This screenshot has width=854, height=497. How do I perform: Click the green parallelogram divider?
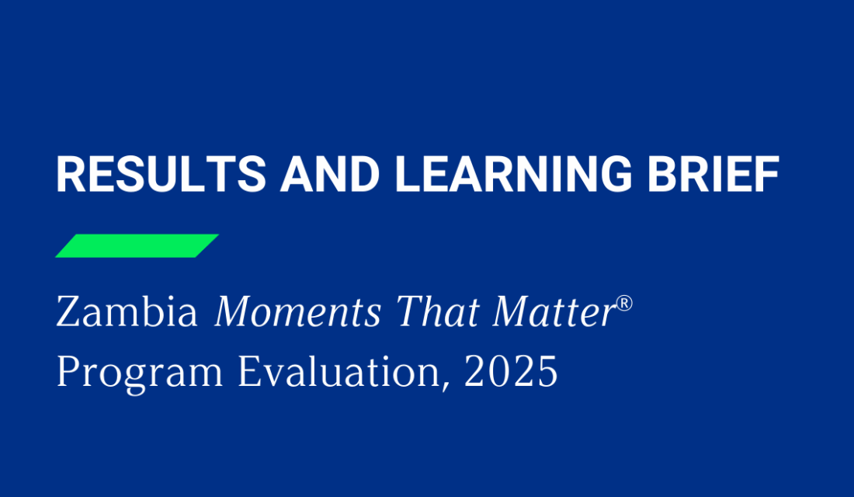pyautogui.click(x=137, y=245)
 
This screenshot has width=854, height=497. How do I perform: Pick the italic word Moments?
pyautogui.click(x=297, y=313)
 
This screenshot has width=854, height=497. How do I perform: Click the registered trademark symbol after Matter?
pyautogui.click(x=625, y=304)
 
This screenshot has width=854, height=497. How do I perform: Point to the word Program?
pyautogui.click(x=141, y=374)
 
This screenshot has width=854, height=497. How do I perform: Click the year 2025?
pyautogui.click(x=510, y=372)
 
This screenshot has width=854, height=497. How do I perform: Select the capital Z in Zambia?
pyautogui.click(x=68, y=313)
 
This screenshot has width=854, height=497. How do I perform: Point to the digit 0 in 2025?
pyautogui.click(x=498, y=372)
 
